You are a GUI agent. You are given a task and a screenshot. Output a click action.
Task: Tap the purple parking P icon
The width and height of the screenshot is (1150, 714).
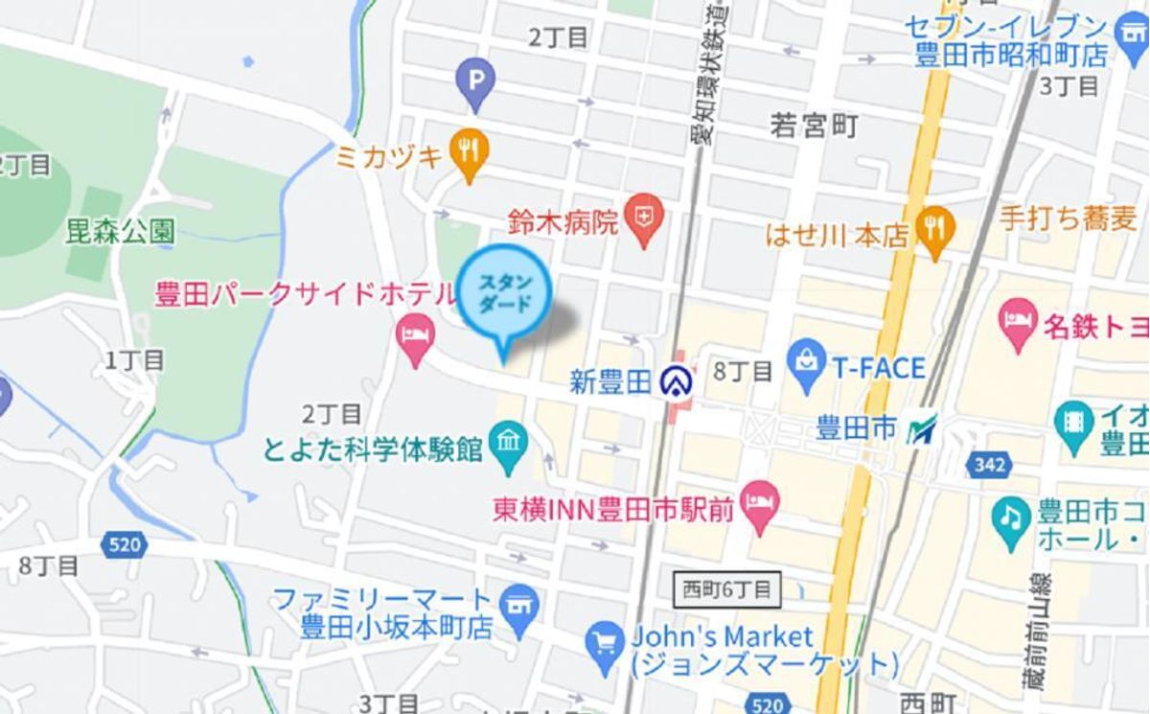click(475, 78)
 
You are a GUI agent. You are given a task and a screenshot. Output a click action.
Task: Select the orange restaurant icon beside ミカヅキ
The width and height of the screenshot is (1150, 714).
click(469, 150)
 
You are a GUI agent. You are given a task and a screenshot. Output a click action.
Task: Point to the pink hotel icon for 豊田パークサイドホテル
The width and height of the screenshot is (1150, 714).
click(415, 336)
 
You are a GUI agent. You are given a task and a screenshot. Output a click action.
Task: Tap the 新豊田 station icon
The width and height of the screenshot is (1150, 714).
click(678, 381)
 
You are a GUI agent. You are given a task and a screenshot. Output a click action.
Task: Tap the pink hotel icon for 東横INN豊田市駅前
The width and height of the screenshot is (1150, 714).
click(762, 505)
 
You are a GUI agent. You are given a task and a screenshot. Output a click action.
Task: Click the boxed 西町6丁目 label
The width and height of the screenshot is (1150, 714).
click(727, 588)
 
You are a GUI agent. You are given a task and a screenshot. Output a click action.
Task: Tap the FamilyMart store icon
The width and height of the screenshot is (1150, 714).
click(520, 608)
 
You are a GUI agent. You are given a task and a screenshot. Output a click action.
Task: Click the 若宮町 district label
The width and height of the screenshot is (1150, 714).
click(814, 126)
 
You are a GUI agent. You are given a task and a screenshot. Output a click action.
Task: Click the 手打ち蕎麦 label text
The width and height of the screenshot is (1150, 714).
click(1068, 219)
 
